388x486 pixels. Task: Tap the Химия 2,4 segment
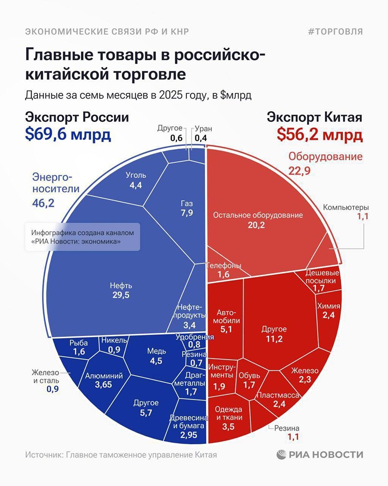click(328, 311)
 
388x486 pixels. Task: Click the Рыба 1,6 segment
click(78, 347)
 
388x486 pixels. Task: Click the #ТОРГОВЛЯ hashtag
click(335, 32)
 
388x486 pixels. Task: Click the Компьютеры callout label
click(346, 208)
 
